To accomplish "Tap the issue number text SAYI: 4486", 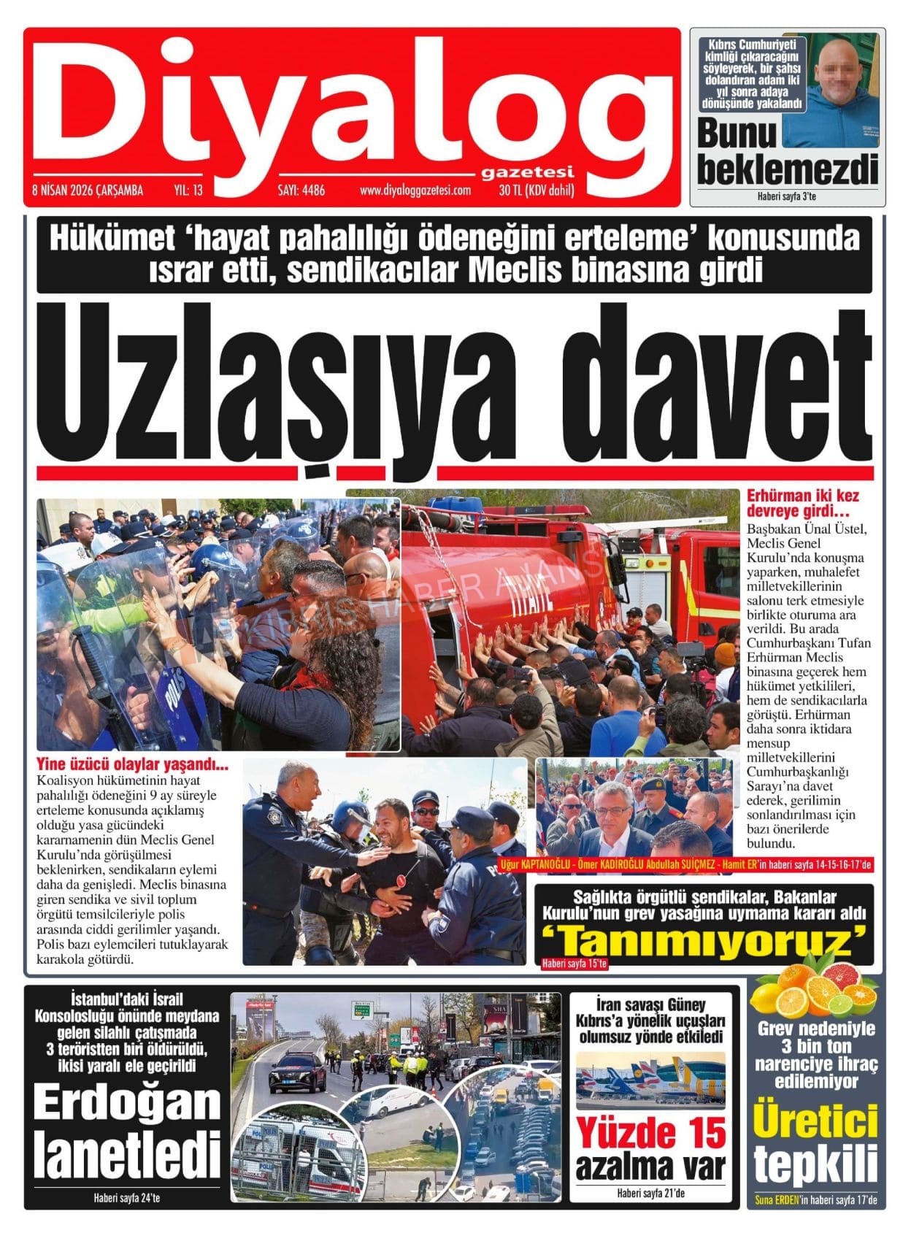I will [x=301, y=191].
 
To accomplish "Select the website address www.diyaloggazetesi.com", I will [x=415, y=191].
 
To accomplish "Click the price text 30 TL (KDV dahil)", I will [x=537, y=191].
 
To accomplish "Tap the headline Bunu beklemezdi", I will [x=787, y=153].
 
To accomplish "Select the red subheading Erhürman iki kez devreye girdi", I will [x=802, y=504].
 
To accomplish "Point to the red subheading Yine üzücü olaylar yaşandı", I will [x=132, y=765].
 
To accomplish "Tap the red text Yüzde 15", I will [x=651, y=1134].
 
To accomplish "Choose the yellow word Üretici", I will [x=815, y=1123].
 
